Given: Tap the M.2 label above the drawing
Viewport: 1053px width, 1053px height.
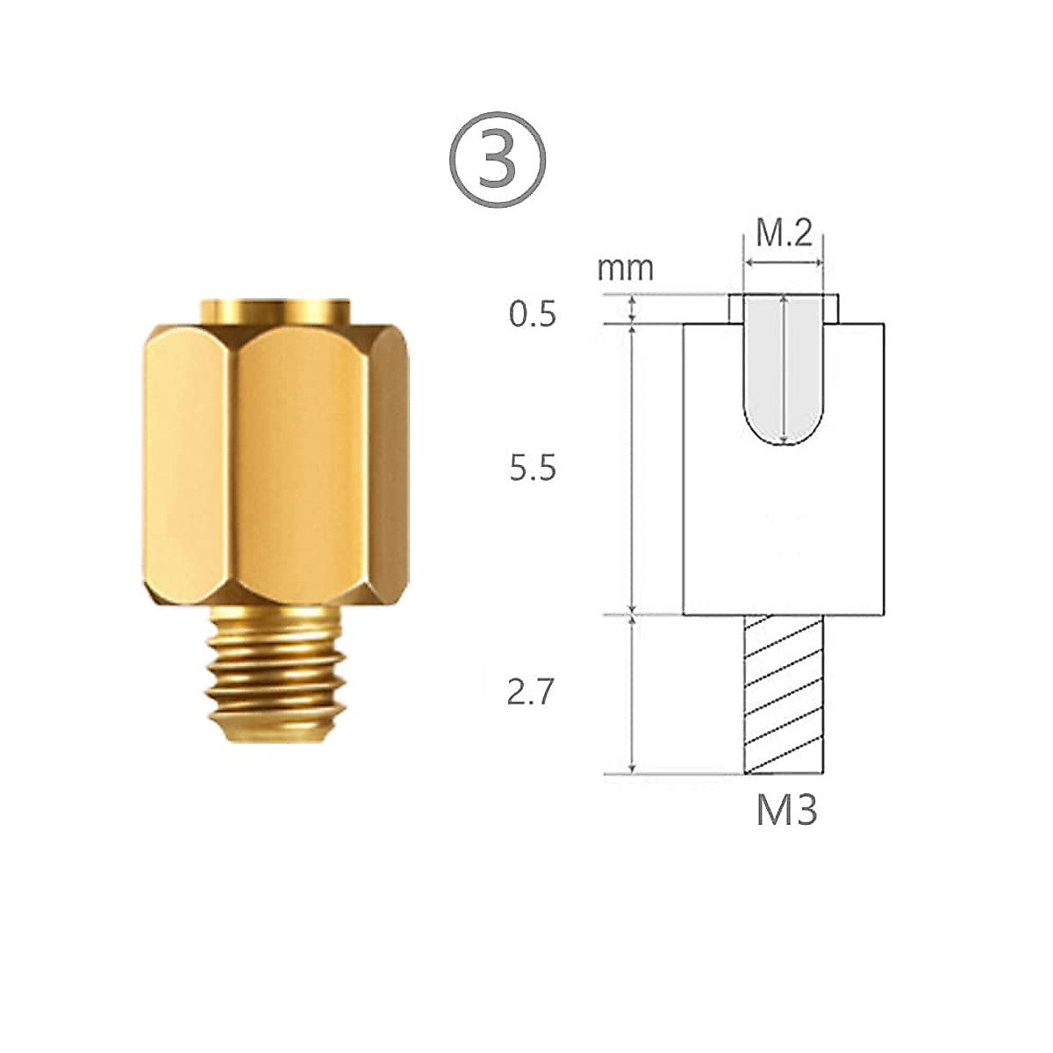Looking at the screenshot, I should (x=784, y=234).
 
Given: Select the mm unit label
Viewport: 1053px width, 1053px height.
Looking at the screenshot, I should (x=626, y=268).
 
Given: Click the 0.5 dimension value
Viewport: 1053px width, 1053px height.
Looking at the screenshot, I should (x=533, y=314).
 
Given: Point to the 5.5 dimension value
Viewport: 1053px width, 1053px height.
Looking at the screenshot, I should (x=533, y=469).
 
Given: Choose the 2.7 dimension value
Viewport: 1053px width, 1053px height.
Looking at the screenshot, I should (x=531, y=693).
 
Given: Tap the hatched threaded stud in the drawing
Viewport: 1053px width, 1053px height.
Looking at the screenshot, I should (x=784, y=693).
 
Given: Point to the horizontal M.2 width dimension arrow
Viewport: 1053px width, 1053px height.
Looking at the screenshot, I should (x=784, y=261).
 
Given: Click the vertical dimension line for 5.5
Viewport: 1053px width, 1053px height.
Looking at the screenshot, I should (x=633, y=469).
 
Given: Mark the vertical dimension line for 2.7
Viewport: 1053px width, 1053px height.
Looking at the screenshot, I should (x=633, y=693).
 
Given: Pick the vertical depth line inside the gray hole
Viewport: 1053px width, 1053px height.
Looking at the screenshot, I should (x=784, y=369).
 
